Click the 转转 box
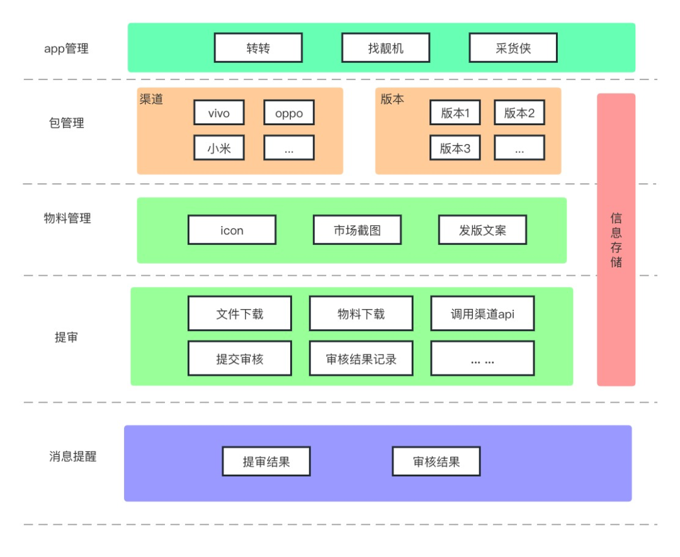click(x=258, y=48)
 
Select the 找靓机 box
click(x=385, y=48)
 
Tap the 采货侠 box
click(x=513, y=48)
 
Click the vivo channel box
click(x=219, y=113)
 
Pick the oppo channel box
click(x=289, y=113)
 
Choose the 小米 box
click(x=219, y=149)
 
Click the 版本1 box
click(x=455, y=113)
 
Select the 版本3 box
click(x=455, y=149)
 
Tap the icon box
click(x=232, y=230)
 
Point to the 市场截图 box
click(x=357, y=230)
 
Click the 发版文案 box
click(x=482, y=230)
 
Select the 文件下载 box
click(x=239, y=313)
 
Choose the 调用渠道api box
click(x=482, y=313)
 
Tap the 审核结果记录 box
click(x=361, y=359)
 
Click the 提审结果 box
click(x=266, y=461)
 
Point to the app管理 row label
click(x=66, y=48)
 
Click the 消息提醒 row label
click(x=73, y=456)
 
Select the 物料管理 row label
click(x=67, y=218)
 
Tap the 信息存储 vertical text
click(x=616, y=240)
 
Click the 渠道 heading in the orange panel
click(x=151, y=99)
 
